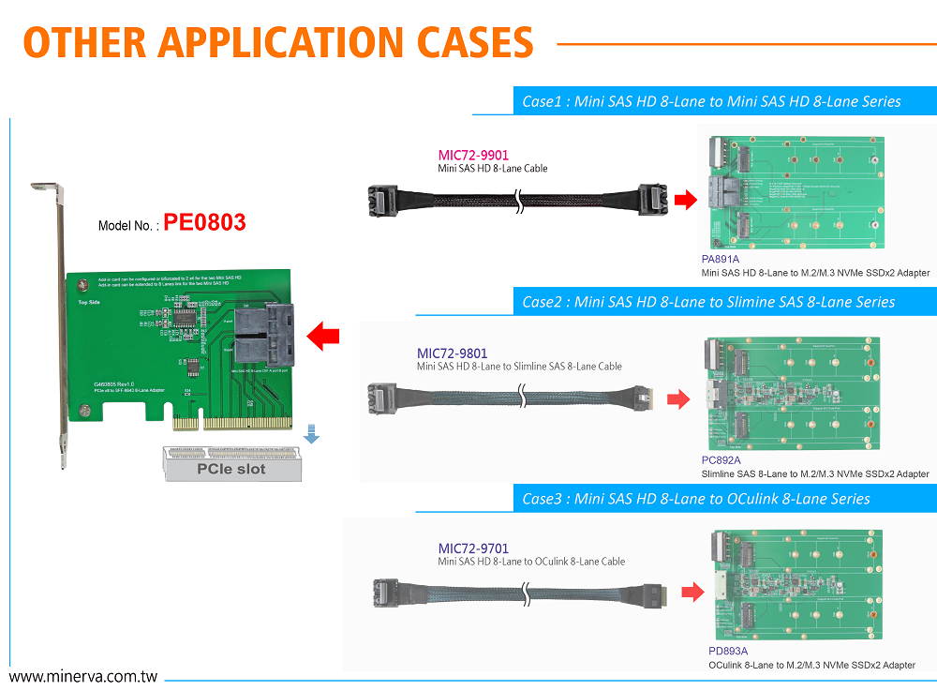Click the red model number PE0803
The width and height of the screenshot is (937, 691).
[x=204, y=222]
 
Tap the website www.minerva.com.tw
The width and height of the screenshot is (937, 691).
[x=82, y=676]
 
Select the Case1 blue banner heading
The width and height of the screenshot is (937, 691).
[x=711, y=101]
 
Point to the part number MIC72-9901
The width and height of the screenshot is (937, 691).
[x=474, y=155]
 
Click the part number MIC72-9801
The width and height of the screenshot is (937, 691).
[x=452, y=353]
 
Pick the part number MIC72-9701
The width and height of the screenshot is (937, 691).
[x=474, y=548]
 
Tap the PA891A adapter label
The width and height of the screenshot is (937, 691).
[x=721, y=259]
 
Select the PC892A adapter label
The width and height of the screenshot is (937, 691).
[x=721, y=460]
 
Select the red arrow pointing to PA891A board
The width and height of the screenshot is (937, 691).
[x=686, y=200]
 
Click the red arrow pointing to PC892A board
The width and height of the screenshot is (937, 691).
[x=677, y=400]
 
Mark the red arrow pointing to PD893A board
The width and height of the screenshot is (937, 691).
[x=692, y=592]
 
